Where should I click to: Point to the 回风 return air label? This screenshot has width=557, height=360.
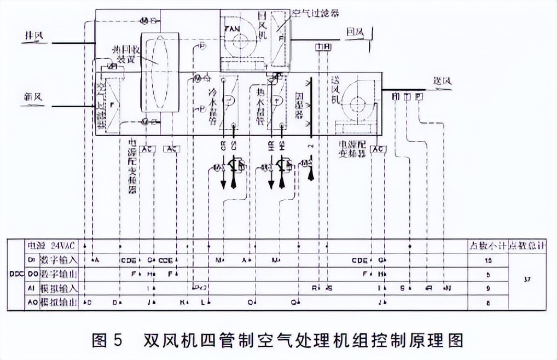[x=355, y=33]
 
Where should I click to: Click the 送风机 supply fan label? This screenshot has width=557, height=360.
[x=335, y=90]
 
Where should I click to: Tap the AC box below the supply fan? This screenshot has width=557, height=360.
[x=378, y=149]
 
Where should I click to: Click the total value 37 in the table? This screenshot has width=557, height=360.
[x=527, y=280]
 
